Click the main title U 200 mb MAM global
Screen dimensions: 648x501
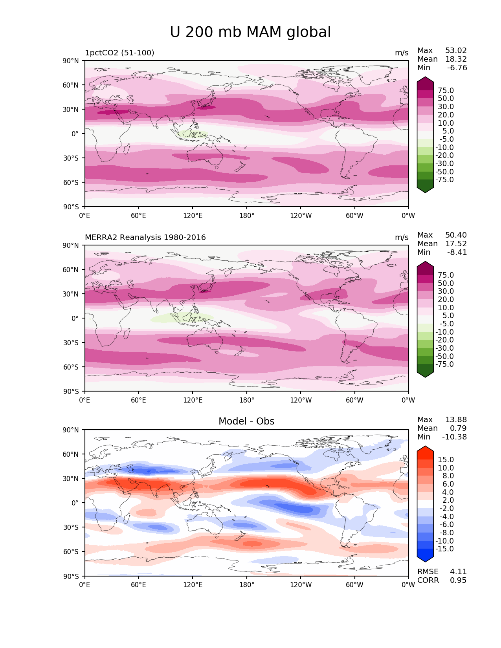click(250, 32)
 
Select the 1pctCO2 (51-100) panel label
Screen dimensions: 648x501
click(119, 53)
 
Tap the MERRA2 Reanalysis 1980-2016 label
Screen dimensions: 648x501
click(145, 237)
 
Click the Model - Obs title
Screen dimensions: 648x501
click(246, 421)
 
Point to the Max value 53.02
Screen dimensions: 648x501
click(456, 50)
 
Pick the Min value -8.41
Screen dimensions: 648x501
click(457, 252)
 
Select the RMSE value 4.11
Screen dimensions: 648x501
click(458, 571)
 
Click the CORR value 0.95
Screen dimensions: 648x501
click(458, 580)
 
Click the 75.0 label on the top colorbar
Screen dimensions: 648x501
click(446, 90)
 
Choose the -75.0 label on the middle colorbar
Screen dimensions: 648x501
click(444, 364)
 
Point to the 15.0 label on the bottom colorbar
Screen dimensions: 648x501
click(446, 459)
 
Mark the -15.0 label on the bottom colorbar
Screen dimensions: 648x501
click(444, 549)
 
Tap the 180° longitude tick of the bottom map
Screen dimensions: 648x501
click(247, 585)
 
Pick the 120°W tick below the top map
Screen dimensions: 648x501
click(301, 215)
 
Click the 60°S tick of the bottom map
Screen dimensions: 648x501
click(71, 551)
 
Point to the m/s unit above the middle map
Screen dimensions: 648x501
click(402, 237)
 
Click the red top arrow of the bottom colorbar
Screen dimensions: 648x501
click(425, 452)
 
